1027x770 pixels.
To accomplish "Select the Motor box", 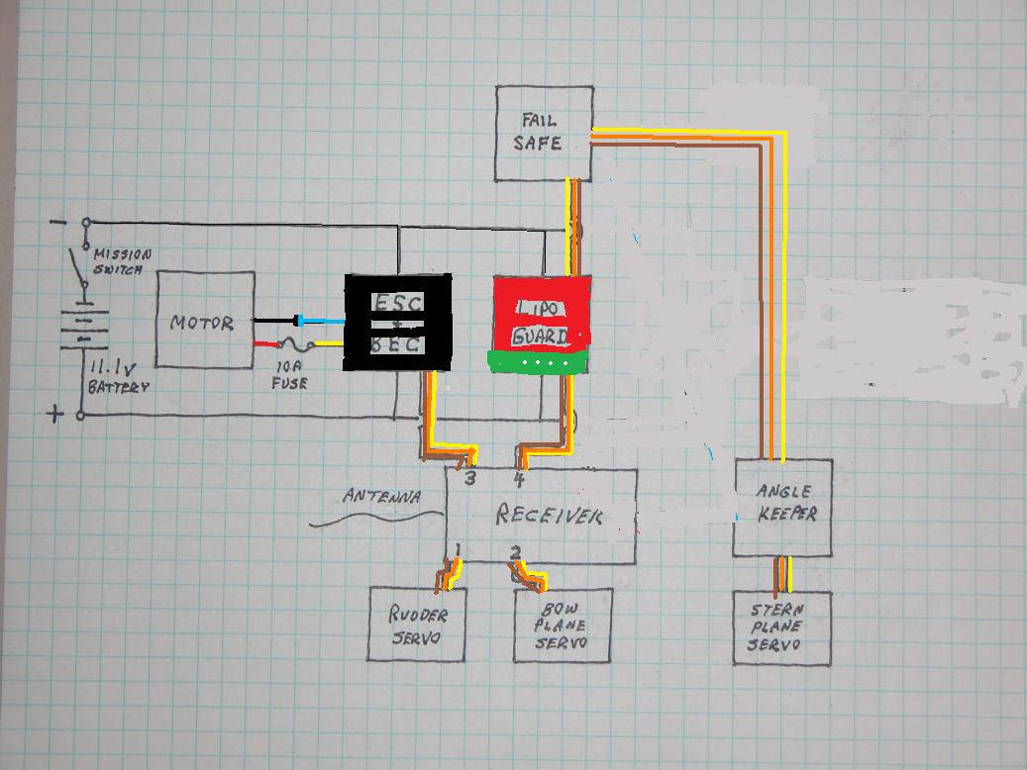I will [x=205, y=321].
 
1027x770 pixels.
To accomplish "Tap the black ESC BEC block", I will [x=398, y=322].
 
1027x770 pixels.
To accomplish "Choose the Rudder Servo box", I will [x=418, y=626].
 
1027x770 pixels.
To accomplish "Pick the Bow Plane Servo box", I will [x=563, y=626].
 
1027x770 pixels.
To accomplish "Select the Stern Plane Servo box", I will [x=781, y=628].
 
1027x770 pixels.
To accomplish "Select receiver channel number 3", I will [x=470, y=480].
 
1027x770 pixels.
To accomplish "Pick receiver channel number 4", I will [x=519, y=480].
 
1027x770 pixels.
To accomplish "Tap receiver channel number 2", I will [x=515, y=552].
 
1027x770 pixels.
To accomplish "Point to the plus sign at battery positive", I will [x=53, y=414].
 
